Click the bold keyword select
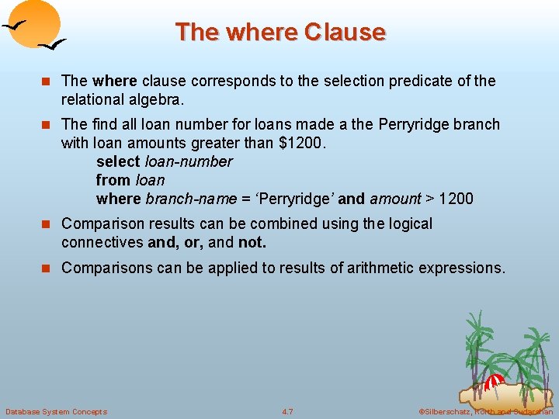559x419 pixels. click(118, 161)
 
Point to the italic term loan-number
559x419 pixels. click(189, 161)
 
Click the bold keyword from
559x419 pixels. click(113, 180)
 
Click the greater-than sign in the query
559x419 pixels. click(429, 199)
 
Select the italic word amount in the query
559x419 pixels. click(395, 199)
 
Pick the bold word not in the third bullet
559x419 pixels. click(252, 242)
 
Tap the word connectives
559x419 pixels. click(102, 242)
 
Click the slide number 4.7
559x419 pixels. click(287, 411)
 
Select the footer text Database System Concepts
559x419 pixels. click(57, 411)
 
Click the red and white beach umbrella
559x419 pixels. click(494, 382)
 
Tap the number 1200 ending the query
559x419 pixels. click(456, 199)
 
